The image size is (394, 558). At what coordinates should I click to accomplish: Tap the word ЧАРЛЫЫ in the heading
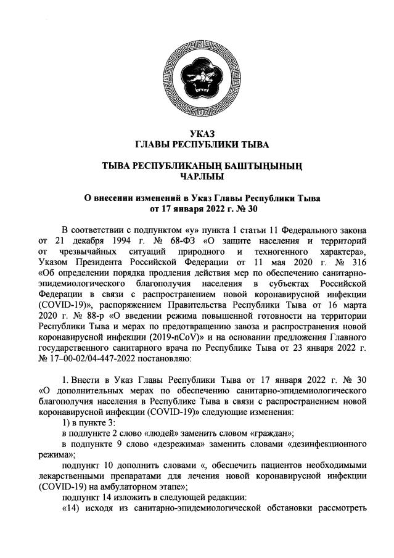pyautogui.click(x=197, y=176)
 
